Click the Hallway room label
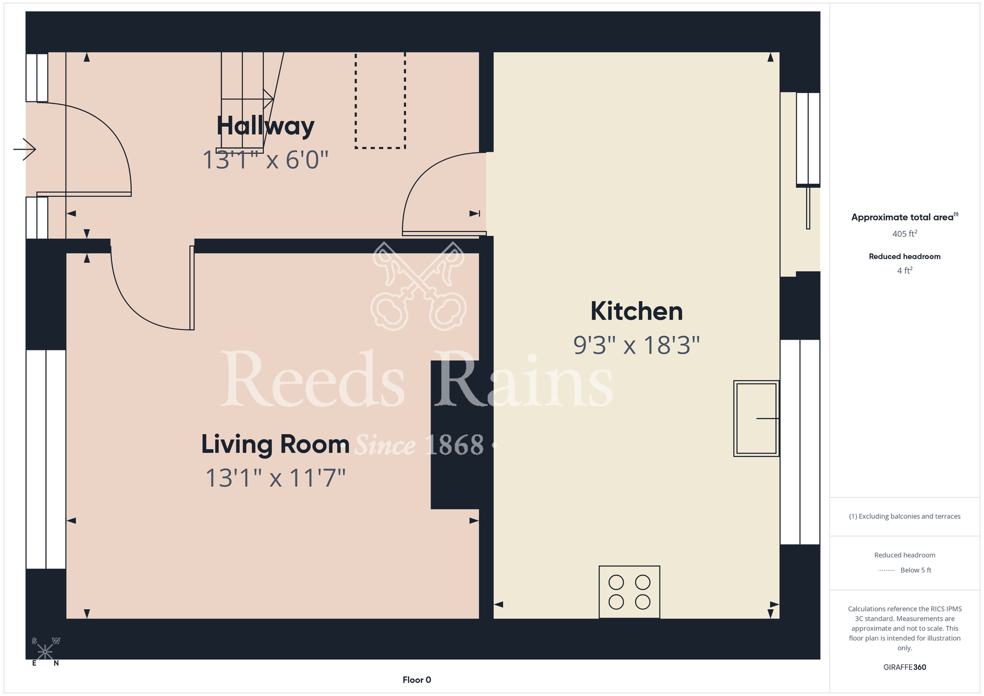pos(265,126)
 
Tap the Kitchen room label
pos(637,311)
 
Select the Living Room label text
pos(275,444)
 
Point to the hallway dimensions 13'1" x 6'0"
pos(265,160)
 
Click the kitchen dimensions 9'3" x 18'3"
pos(637,345)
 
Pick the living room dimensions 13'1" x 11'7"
pos(276,478)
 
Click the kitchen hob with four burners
pos(629,592)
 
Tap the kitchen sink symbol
pos(756,418)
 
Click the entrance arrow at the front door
pos(25,149)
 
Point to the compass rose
pos(45,652)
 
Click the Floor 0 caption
pos(417,680)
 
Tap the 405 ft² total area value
pos(904,234)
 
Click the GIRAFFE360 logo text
pos(904,667)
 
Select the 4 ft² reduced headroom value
pos(904,271)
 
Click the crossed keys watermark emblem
pos(419,286)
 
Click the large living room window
pos(46,459)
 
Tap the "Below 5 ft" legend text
pos(916,570)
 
